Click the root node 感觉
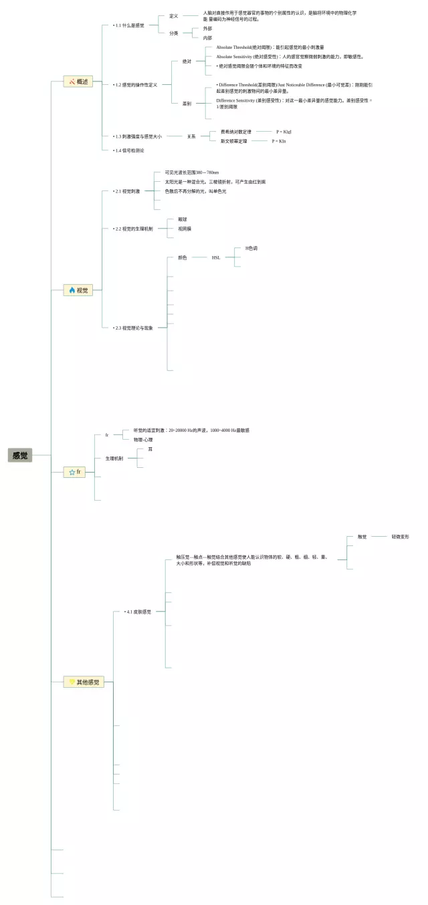pyautogui.click(x=20, y=455)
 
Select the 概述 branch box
pyautogui.click(x=78, y=82)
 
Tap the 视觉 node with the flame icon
pyautogui.click(x=78, y=290)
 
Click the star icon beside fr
pyautogui.click(x=72, y=472)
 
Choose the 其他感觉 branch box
pyautogui.click(x=84, y=682)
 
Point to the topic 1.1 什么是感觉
pyautogui.click(x=129, y=25)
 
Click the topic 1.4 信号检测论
pyautogui.click(x=129, y=150)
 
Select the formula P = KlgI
pyautogui.click(x=284, y=132)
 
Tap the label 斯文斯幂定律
pyautogui.click(x=233, y=141)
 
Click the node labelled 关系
pyautogui.click(x=191, y=136)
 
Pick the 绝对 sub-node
pyautogui.click(x=187, y=61)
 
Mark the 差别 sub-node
pyautogui.click(x=187, y=104)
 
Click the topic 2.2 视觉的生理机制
pyautogui.click(x=134, y=229)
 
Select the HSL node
pyautogui.click(x=216, y=257)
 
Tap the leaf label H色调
pyautogui.click(x=251, y=249)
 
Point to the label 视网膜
pyautogui.click(x=185, y=229)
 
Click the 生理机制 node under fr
pyautogui.click(x=114, y=459)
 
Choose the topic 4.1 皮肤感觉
pyautogui.click(x=138, y=612)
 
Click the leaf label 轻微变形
pyautogui.click(x=401, y=537)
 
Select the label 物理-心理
pyautogui.click(x=142, y=440)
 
